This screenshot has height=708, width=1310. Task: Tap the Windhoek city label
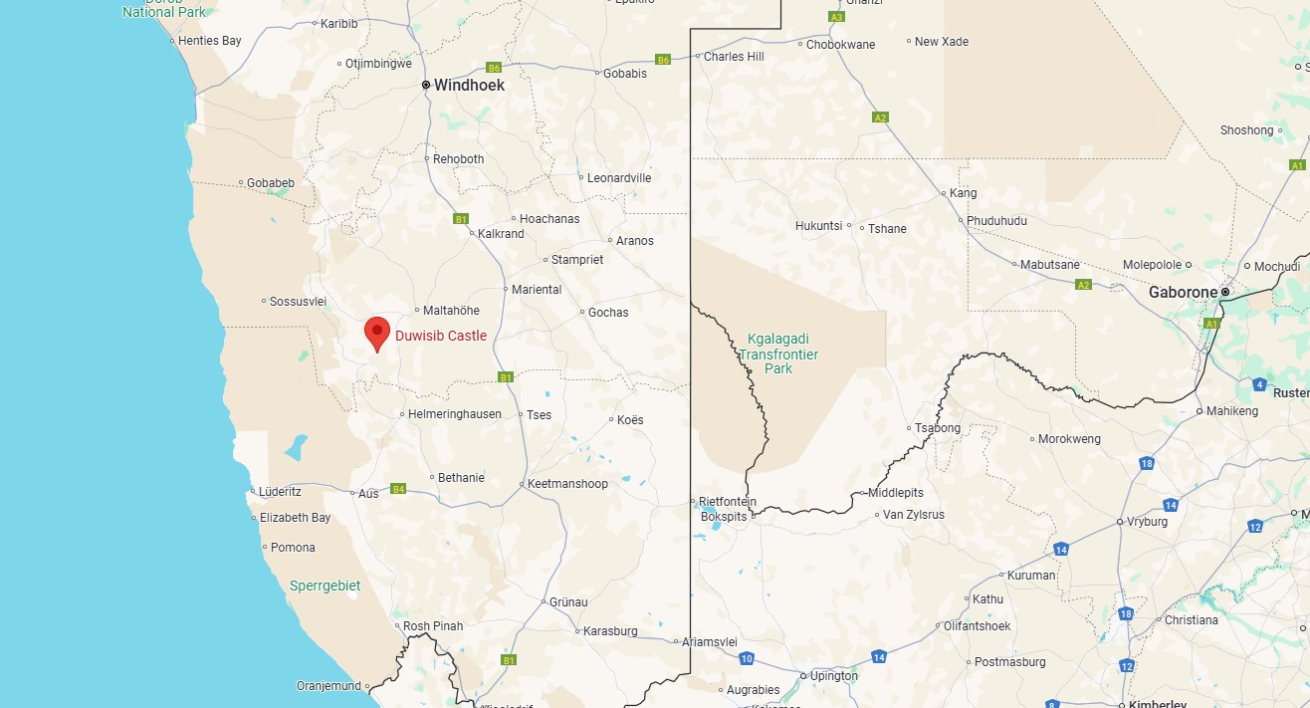(468, 86)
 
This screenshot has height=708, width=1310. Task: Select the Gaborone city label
(1183, 293)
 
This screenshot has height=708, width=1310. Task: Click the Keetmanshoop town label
(567, 484)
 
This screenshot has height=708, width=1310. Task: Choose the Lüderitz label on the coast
(279, 492)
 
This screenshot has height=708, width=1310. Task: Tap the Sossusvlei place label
(299, 302)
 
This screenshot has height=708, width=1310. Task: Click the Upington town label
(834, 676)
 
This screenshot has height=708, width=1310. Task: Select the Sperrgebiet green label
(325, 587)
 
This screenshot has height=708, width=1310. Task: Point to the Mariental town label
(537, 290)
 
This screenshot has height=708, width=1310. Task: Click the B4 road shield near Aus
(398, 489)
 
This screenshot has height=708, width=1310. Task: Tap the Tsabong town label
(939, 428)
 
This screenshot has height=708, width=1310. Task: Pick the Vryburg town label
(1147, 522)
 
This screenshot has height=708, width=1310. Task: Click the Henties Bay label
(210, 42)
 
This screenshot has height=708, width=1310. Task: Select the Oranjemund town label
(328, 686)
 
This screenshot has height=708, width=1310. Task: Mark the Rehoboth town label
(459, 159)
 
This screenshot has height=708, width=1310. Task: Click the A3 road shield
(836, 17)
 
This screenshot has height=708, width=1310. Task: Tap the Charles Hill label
(734, 57)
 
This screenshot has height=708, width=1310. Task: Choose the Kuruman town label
(1031, 576)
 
